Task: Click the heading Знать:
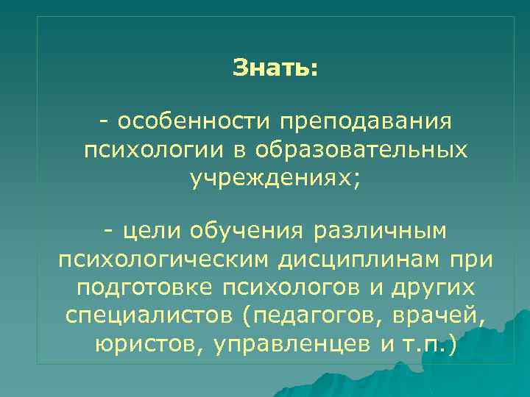click(x=275, y=68)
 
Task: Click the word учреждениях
click(x=272, y=179)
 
